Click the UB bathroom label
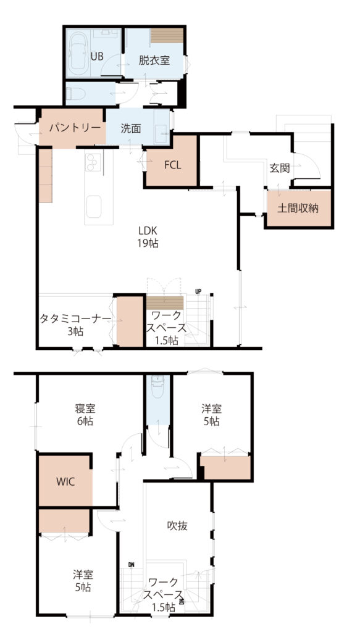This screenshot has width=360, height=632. [96, 56]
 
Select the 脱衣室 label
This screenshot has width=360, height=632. [154, 60]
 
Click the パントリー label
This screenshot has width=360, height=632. [75, 128]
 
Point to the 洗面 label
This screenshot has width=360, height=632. [131, 128]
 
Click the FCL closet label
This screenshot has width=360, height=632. [172, 165]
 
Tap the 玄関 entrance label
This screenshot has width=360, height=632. [280, 168]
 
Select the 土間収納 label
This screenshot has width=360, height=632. [298, 209]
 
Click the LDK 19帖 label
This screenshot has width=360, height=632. [148, 237]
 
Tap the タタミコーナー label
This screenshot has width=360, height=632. [75, 319]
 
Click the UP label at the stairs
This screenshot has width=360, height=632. [198, 291]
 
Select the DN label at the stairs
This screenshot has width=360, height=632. [132, 564]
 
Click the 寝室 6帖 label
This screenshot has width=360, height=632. [85, 414]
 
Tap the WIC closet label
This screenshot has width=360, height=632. [65, 481]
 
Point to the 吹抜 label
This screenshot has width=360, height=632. [177, 526]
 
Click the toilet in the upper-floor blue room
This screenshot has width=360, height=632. [157, 386]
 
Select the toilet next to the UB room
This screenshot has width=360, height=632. [75, 94]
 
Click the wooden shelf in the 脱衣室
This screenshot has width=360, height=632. [167, 35]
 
